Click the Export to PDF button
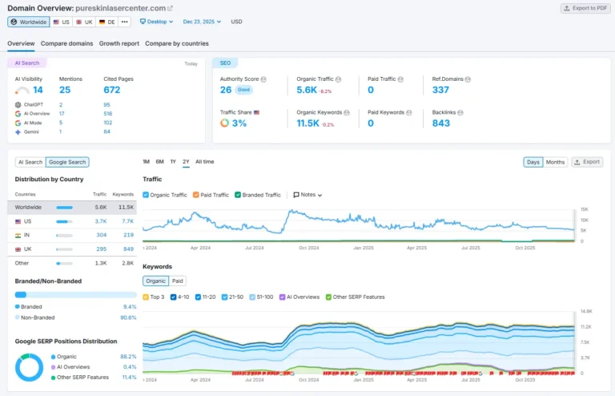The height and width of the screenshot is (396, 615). point(585,8)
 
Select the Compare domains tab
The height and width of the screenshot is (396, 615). point(66,43)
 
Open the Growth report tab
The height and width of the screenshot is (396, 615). point(119,43)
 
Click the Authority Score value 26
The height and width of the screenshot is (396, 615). point(226,90)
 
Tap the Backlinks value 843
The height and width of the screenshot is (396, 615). point(440,123)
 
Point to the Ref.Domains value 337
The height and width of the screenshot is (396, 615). point(440,90)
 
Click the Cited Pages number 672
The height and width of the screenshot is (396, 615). point(111,90)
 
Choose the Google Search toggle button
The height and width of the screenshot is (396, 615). point(67,162)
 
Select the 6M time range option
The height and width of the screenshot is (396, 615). point(160,162)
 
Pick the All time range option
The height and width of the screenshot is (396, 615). point(204,162)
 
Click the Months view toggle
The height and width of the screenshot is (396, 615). point(555,162)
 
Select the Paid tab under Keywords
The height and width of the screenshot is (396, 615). point(178,281)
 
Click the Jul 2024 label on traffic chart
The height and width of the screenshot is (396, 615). point(254,248)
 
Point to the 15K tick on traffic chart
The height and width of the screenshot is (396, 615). point(585,208)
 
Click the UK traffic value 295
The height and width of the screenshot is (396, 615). point(101,249)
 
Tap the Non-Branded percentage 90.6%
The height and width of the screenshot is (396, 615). point(128,317)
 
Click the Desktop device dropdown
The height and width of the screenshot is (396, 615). point(158,22)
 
